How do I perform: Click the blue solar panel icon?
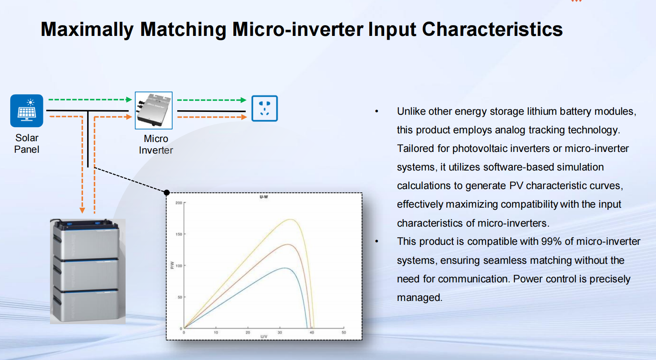pos(27,111)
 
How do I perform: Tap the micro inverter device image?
pos(154,110)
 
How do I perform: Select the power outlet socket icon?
pos(265,108)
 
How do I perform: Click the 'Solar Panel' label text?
pos(27,143)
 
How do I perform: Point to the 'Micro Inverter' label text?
pos(156,144)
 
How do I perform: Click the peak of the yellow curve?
pos(290,220)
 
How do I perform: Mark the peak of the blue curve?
pos(285,268)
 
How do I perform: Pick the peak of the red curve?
pos(288,244)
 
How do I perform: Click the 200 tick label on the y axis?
pos(178,203)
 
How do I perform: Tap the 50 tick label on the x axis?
pos(344,332)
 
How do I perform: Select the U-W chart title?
pos(264,197)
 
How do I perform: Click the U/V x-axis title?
pos(264,336)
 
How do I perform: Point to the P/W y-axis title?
pos(172,265)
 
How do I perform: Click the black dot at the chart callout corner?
pos(166,192)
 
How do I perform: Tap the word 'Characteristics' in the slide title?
pos(492,29)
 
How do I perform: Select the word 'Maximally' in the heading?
pos(87,30)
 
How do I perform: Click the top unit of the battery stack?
pos(86,239)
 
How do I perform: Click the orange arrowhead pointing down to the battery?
pos(82,211)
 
